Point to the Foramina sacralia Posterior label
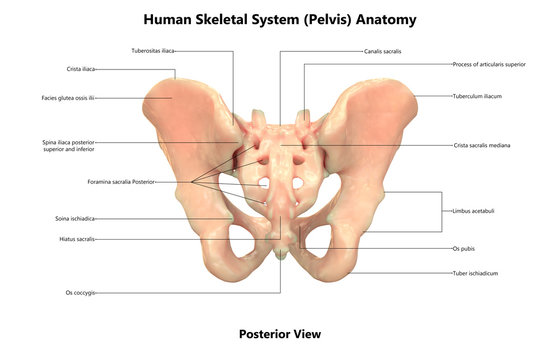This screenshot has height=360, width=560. click(x=121, y=182)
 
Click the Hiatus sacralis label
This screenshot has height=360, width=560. click(x=78, y=239)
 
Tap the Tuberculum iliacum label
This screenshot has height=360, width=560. click(x=477, y=96)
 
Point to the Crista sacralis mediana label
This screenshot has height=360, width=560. click(x=482, y=145)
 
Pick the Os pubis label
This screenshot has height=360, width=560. click(x=464, y=247)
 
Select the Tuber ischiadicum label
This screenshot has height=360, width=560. click(x=474, y=273)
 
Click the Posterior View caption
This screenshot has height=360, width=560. click(x=280, y=334)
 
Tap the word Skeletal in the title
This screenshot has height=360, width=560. click(x=228, y=19)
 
